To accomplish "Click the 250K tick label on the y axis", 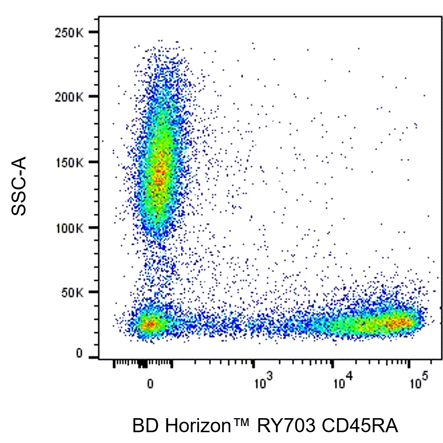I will point(69,33).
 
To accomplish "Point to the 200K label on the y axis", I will point(69,97).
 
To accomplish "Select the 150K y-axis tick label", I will point(69,162).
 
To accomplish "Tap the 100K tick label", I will point(69,228).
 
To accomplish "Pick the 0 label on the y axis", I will point(79,354).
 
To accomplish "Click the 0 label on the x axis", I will point(150,384).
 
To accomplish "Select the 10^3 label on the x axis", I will point(263,382).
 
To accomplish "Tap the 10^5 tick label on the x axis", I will point(419,382).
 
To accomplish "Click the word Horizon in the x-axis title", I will point(198,426).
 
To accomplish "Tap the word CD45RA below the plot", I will point(359,426).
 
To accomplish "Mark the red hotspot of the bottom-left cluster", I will point(149,324).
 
